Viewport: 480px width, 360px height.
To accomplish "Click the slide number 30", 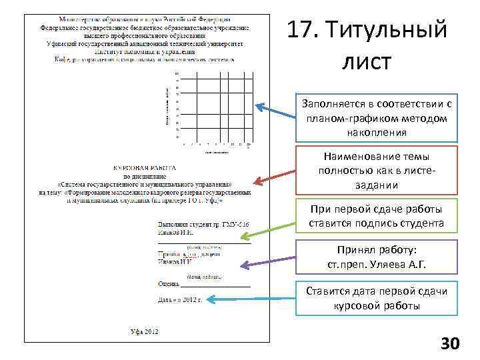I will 450,343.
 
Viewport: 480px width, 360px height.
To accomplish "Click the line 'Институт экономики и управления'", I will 145,51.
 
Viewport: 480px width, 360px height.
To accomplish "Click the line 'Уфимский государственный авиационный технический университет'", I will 145,43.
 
